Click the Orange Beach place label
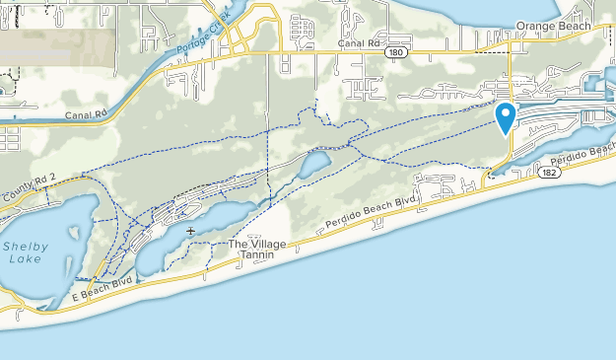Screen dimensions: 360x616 click(x=553, y=27)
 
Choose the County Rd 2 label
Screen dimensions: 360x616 click(x=32, y=183)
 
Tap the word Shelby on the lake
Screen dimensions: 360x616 click(x=24, y=246)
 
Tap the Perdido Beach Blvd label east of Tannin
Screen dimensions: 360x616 click(x=367, y=220)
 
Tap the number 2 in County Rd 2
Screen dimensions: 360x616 click(x=54, y=176)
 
